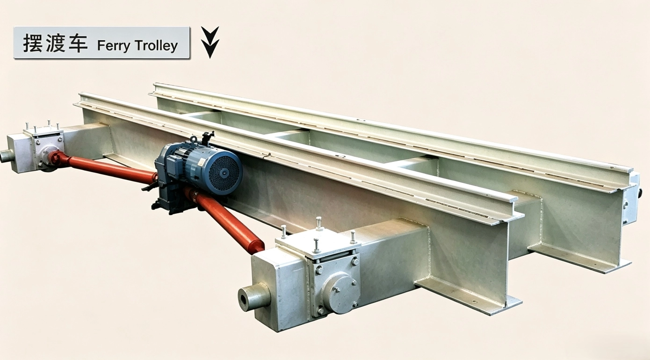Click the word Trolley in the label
[156, 45]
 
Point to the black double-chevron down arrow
[210, 43]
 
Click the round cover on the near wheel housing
[342, 294]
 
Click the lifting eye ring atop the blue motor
[193, 140]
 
